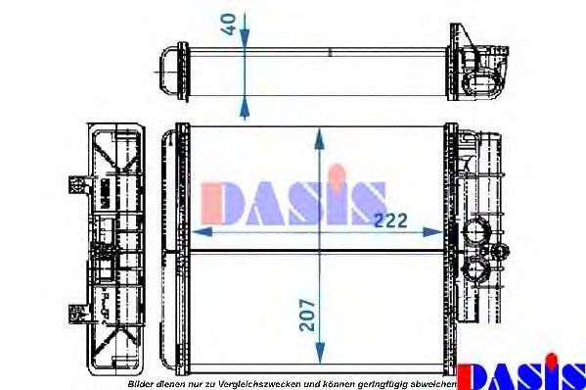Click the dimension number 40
coord(229,24)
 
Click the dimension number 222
coord(390,220)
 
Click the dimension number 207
coord(307,315)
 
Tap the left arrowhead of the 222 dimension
coord(203,232)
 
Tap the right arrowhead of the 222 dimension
coord(432,232)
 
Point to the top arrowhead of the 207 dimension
coord(319,139)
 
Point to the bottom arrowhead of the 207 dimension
coord(320,353)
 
